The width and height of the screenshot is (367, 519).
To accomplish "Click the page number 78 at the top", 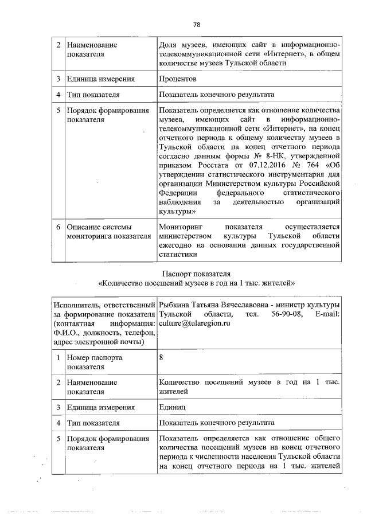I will [196, 25].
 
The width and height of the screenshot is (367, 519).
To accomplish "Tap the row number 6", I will [58, 227].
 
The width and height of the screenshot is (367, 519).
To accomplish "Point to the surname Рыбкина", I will [176, 305].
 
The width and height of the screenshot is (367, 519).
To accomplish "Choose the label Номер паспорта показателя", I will [95, 361].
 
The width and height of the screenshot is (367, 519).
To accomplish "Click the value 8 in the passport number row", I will [162, 357].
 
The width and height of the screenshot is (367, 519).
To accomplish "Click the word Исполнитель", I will [75, 305].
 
